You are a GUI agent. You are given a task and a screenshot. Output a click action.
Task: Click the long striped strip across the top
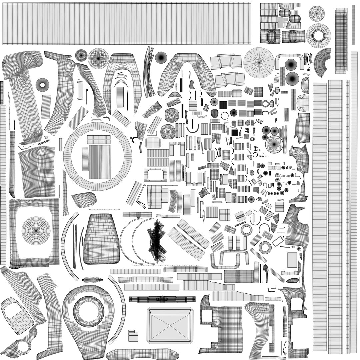point(127,23)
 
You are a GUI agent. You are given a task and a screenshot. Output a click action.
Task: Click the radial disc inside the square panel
point(36,230)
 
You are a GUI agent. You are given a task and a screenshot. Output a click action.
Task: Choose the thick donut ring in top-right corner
point(318,36)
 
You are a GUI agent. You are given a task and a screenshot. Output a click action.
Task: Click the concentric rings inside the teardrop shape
point(88,312)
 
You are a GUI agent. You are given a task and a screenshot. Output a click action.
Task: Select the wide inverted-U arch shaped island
point(187,72)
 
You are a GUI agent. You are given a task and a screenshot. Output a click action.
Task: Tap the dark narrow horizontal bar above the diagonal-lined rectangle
point(162,299)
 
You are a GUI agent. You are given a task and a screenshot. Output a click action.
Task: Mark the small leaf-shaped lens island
point(92,280)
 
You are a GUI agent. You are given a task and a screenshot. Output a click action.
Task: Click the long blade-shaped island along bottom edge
point(142,353)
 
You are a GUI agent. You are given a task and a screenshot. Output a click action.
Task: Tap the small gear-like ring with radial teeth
point(246,229)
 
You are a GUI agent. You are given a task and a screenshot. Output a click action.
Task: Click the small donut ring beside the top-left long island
point(42,85)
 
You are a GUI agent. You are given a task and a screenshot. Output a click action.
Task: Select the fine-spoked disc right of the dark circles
point(274,144)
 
